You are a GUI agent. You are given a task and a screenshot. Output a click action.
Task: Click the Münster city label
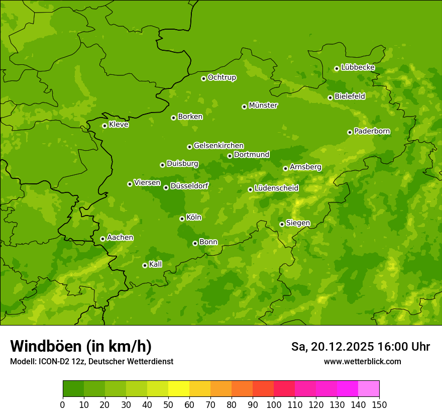(263, 106)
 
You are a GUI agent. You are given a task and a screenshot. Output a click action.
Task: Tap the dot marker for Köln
(182, 219)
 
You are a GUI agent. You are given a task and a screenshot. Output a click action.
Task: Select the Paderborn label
(372, 131)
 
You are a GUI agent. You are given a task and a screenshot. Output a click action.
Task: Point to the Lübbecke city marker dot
(337, 68)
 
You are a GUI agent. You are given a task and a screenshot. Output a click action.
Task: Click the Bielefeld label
(350, 96)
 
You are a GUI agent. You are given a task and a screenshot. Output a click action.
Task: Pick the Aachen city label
(120, 238)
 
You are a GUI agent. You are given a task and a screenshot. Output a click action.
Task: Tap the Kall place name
(156, 264)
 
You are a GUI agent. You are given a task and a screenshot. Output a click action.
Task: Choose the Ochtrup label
(222, 77)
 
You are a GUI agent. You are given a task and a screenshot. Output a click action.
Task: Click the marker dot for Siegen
(282, 224)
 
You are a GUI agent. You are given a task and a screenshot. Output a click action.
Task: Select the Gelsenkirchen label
(218, 146)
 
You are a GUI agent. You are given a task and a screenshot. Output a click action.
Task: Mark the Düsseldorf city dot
(166, 187)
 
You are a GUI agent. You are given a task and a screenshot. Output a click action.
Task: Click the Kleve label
(119, 125)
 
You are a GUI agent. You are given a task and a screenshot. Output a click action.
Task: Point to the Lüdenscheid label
(276, 188)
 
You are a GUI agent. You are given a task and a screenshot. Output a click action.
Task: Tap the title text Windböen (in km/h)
(81, 346)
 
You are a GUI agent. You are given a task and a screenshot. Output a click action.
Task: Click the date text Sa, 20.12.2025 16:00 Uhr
(360, 347)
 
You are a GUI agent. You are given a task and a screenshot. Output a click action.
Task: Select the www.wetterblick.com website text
(362, 362)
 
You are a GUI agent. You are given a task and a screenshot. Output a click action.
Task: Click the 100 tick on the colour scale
(274, 404)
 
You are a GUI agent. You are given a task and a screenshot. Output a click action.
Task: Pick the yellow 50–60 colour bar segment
(179, 389)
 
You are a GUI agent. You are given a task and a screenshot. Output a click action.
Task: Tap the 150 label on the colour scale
(379, 404)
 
